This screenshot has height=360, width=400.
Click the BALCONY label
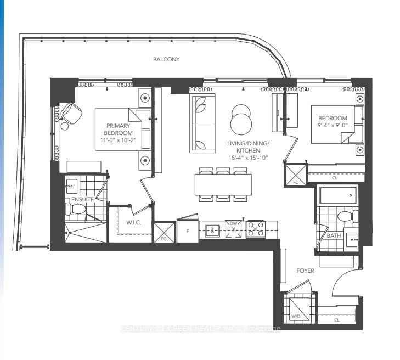tap(166, 59)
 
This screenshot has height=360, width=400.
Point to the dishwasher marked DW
tap(234, 229)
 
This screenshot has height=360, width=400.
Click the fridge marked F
tap(188, 231)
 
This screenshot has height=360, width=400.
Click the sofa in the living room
tap(202, 123)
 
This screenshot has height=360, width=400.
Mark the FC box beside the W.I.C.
tap(164, 232)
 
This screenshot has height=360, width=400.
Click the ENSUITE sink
tap(72, 185)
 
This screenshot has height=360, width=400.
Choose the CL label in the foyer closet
tap(336, 319)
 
